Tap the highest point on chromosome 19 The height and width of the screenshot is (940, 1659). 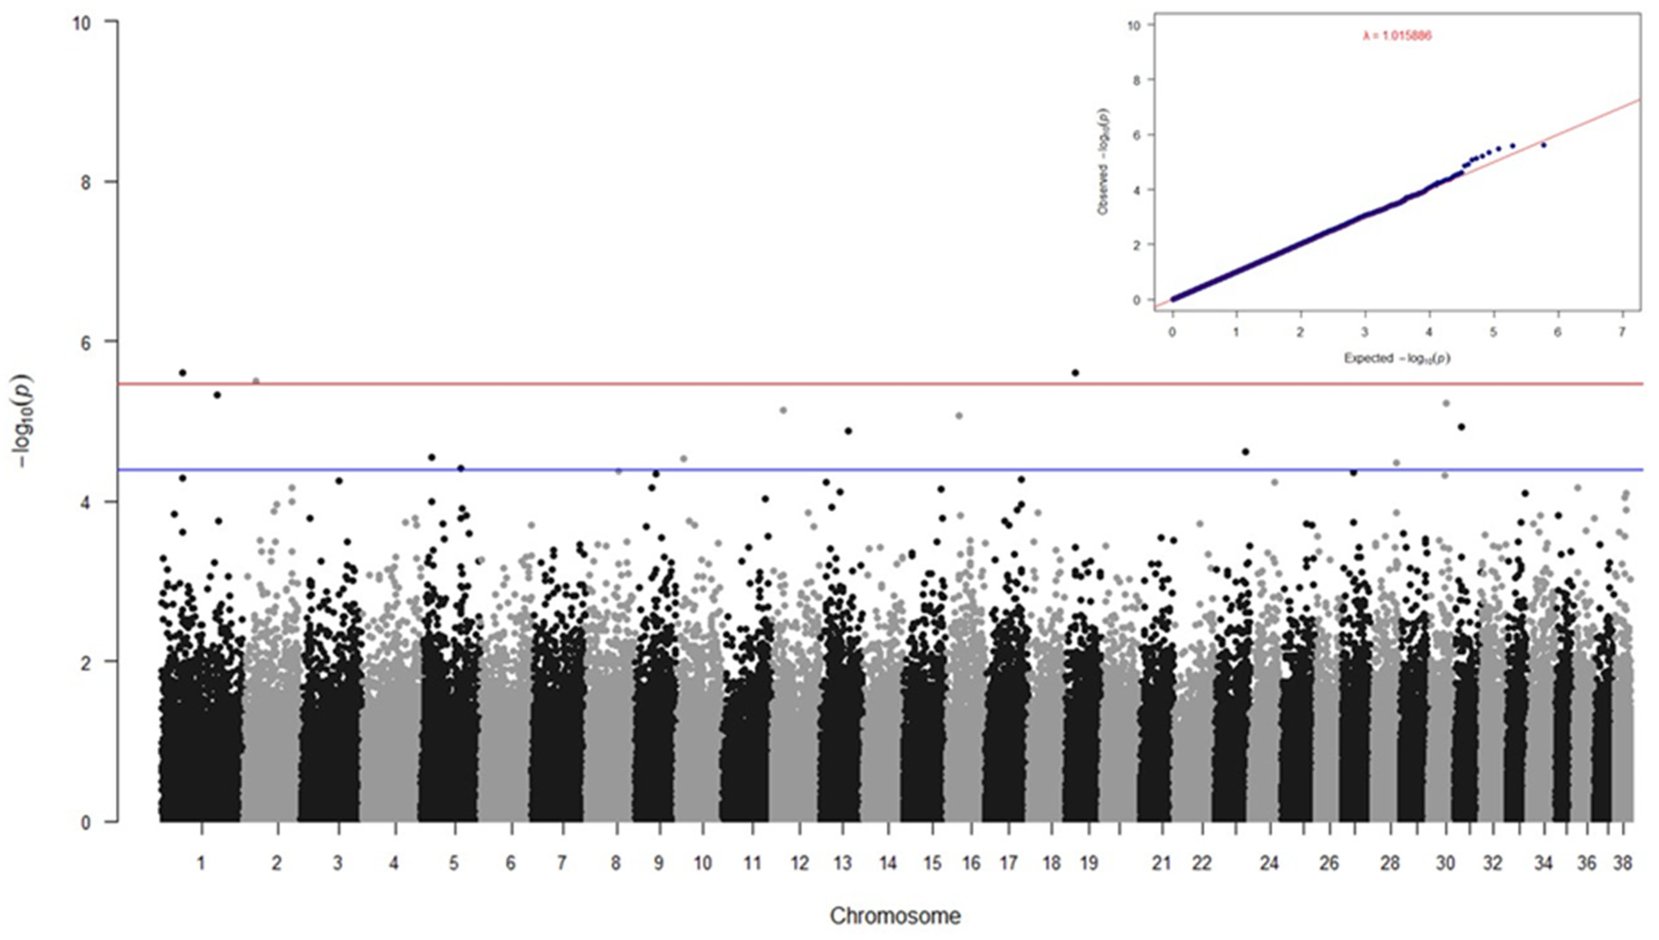[1075, 372]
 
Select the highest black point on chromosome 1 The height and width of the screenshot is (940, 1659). [183, 372]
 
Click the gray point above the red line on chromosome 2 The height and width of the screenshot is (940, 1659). [256, 381]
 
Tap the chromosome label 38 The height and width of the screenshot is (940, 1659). [1622, 863]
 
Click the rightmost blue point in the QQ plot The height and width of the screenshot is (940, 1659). [1544, 145]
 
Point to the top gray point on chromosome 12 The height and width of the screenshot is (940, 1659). [784, 410]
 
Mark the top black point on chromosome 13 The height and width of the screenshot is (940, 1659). [848, 430]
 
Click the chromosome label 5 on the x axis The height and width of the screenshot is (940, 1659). [455, 863]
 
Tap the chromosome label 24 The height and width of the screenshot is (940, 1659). [1269, 863]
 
